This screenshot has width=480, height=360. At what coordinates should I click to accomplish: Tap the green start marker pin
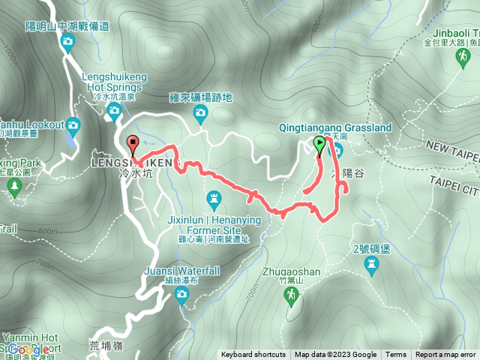(319, 145)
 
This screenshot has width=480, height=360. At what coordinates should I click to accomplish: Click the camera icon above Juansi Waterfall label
(181, 295)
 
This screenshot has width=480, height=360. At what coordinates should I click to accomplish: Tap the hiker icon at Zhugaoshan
(290, 300)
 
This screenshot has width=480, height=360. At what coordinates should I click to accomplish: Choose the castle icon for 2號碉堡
(371, 264)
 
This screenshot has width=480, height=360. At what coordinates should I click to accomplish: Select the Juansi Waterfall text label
(182, 271)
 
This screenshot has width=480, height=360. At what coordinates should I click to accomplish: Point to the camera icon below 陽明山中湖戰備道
(67, 42)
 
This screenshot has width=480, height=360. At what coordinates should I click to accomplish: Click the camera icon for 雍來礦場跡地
(200, 113)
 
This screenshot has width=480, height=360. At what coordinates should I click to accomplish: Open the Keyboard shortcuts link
(253, 355)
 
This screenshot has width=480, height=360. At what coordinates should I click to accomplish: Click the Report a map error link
(446, 355)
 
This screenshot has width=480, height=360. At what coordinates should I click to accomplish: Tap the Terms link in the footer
(396, 355)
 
